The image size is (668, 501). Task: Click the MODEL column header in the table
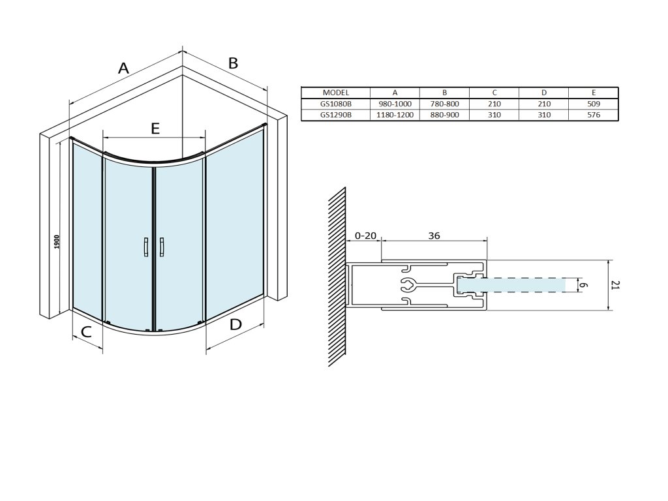pyautogui.click(x=336, y=93)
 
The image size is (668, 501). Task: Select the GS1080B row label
pyautogui.click(x=336, y=104)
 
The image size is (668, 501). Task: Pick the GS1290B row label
pyautogui.click(x=336, y=115)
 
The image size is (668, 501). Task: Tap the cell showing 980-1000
pyautogui.click(x=395, y=104)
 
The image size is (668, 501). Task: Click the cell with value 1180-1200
pyautogui.click(x=395, y=115)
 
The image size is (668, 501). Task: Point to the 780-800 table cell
pyautogui.click(x=444, y=104)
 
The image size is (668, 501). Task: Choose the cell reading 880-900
pyautogui.click(x=444, y=115)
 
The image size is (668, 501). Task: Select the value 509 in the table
pyautogui.click(x=593, y=104)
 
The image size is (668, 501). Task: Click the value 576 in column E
pyautogui.click(x=593, y=115)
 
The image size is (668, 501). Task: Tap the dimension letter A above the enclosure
pyautogui.click(x=123, y=67)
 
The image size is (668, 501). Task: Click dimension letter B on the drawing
pyautogui.click(x=233, y=63)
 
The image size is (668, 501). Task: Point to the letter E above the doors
pyautogui.click(x=155, y=128)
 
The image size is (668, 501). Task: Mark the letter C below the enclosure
pyautogui.click(x=85, y=331)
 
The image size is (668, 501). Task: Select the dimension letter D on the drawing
pyautogui.click(x=235, y=324)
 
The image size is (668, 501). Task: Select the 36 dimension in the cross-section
pyautogui.click(x=433, y=236)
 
